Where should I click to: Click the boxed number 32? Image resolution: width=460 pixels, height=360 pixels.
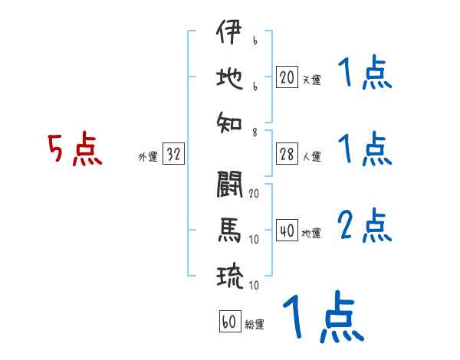(173, 155)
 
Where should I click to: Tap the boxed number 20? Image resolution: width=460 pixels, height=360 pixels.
(287, 77)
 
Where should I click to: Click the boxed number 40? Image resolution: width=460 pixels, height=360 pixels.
(287, 231)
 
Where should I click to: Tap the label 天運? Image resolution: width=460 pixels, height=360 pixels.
(311, 80)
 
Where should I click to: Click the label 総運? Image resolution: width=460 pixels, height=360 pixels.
(255, 324)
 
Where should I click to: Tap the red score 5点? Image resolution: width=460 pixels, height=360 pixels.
(75, 149)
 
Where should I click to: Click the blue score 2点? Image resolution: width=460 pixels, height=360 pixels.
(365, 226)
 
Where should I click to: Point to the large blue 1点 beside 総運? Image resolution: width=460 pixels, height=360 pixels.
(322, 316)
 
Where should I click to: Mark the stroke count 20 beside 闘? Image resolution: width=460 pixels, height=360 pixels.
(254, 193)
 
